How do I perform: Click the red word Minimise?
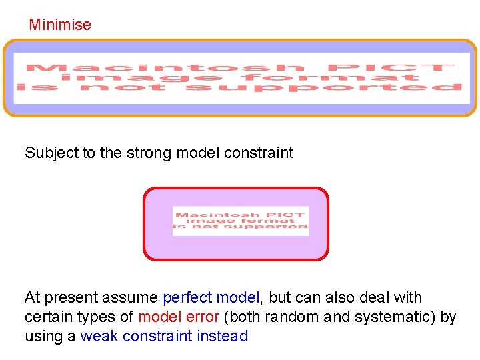pyautogui.click(x=60, y=25)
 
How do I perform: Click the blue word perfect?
pyautogui.click(x=188, y=297)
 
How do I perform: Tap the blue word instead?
pyautogui.click(x=223, y=336)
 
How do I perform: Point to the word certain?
pyautogui.click(x=49, y=317)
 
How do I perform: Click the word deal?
pyautogui.click(x=375, y=297)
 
